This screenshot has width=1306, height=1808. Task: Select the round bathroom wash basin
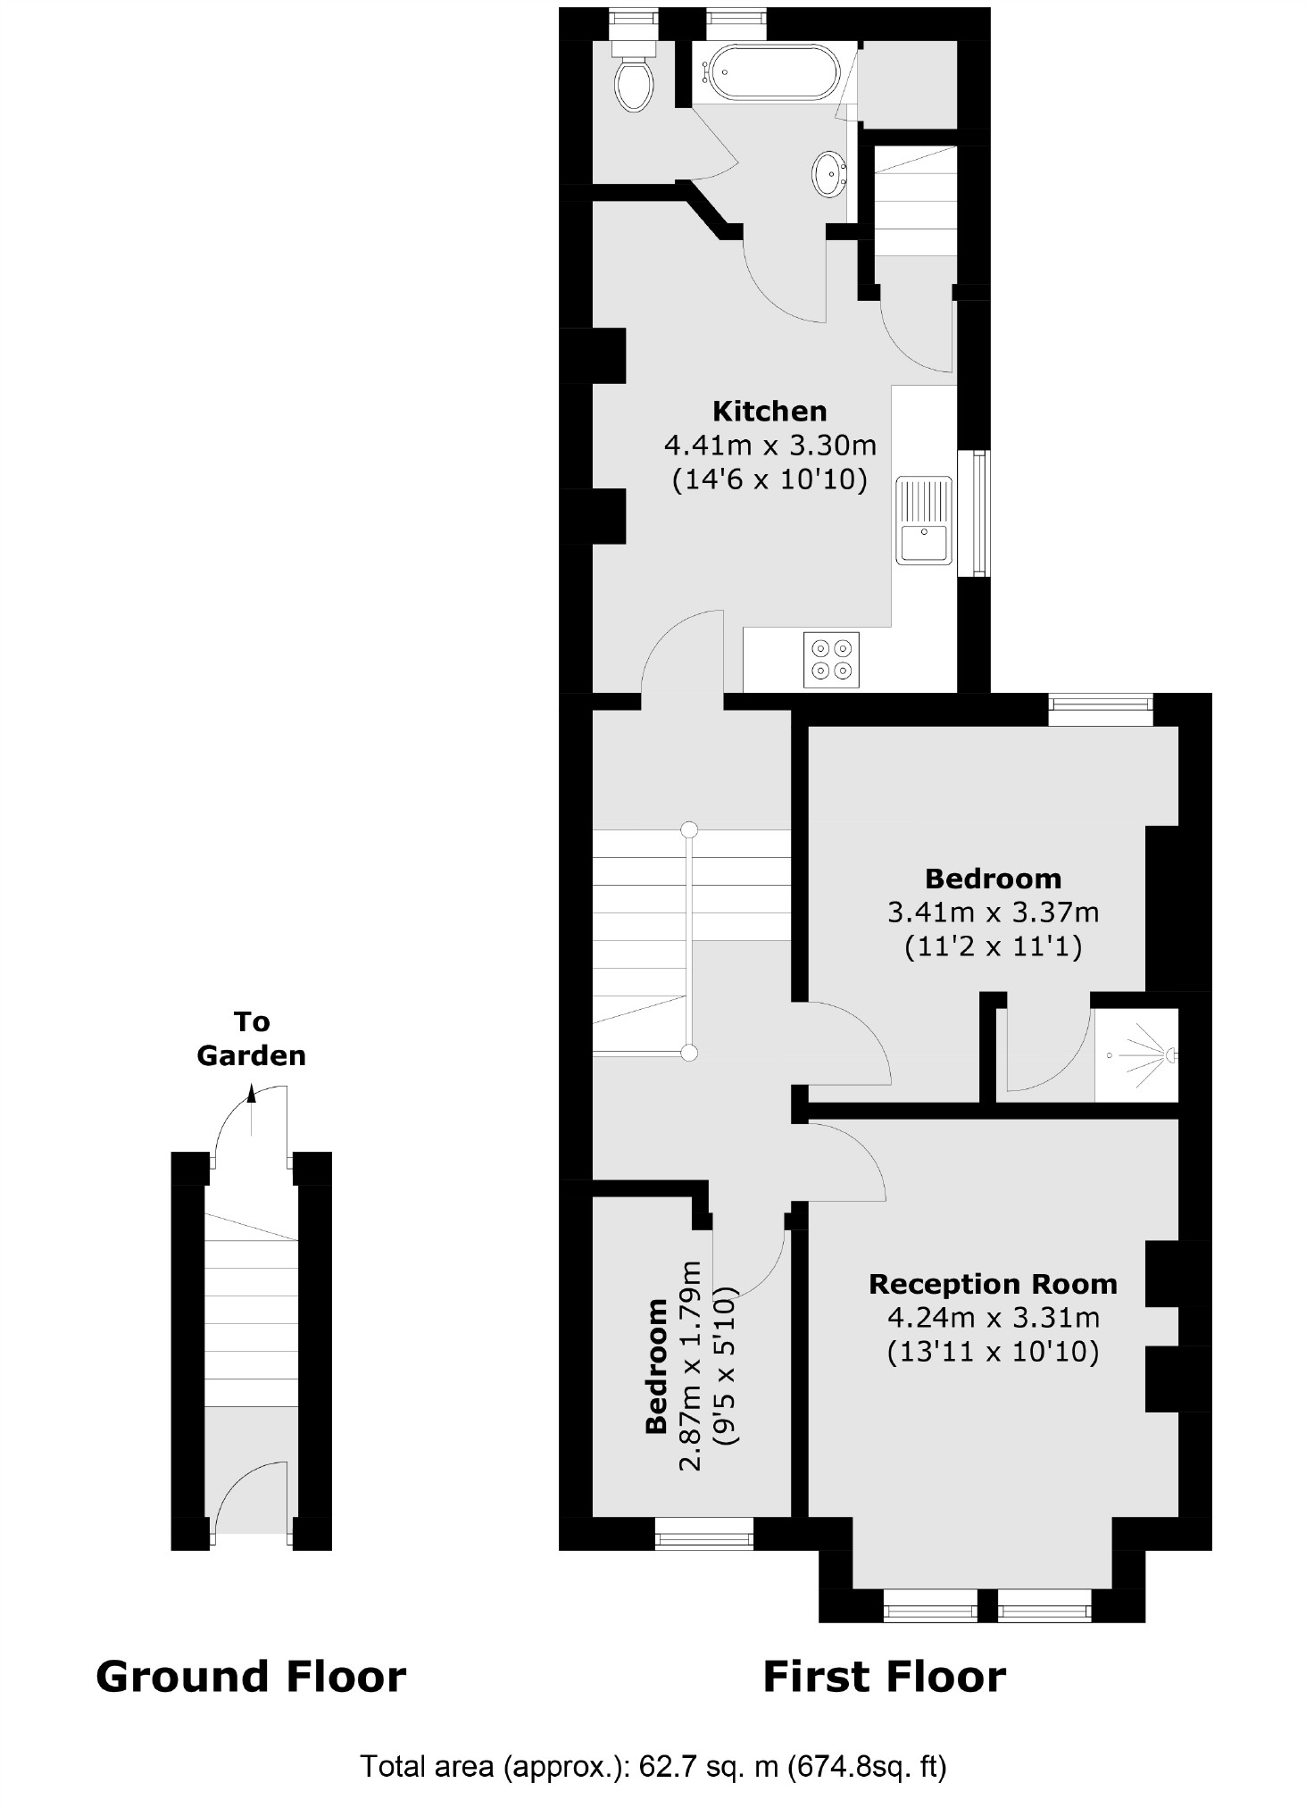click(x=829, y=172)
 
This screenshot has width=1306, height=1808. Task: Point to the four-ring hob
click(x=831, y=660)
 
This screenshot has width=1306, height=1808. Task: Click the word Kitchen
click(x=769, y=411)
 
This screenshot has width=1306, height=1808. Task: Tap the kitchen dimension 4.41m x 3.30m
click(x=769, y=445)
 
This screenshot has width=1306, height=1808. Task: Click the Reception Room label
click(x=993, y=1284)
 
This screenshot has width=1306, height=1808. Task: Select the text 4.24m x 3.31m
click(x=993, y=1318)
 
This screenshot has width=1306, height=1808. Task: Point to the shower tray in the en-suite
click(x=1136, y=1054)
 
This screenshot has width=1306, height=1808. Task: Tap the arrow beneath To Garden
click(x=252, y=1095)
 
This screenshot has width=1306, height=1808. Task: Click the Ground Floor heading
click(x=251, y=1676)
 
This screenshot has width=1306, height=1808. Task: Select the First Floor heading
click(x=884, y=1676)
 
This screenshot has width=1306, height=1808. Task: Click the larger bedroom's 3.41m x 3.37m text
click(x=993, y=912)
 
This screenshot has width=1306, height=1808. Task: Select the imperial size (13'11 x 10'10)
click(x=993, y=1352)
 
